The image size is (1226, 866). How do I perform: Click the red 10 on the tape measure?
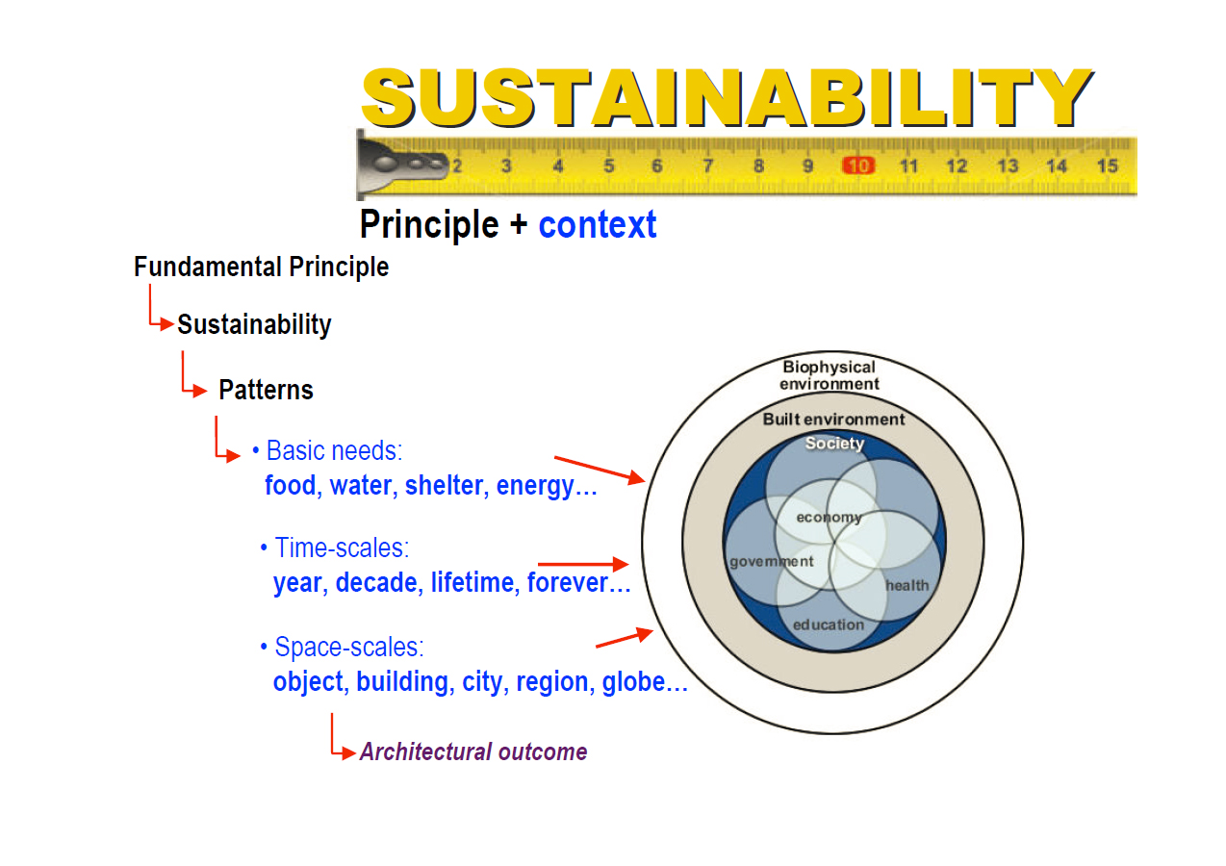(x=857, y=166)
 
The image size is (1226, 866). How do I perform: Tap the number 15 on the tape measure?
(x=1107, y=166)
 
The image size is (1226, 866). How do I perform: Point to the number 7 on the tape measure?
(x=707, y=166)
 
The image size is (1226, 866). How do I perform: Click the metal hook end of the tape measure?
(x=395, y=164)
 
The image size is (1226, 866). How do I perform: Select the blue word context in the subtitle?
(x=598, y=225)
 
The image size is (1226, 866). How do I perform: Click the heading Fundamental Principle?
(x=262, y=267)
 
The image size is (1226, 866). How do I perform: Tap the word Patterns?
(x=266, y=390)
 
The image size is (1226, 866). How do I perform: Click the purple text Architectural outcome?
(x=473, y=751)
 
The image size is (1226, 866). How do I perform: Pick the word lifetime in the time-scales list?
(x=472, y=583)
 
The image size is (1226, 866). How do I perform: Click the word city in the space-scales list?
(x=482, y=682)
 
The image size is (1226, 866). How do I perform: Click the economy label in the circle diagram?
(x=829, y=518)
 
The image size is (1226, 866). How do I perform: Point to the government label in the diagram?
(x=771, y=562)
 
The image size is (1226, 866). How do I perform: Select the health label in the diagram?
(x=907, y=585)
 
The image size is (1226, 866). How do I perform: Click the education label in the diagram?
(x=829, y=624)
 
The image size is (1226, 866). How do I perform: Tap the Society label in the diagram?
(x=834, y=444)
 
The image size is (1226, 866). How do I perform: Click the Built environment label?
(x=833, y=420)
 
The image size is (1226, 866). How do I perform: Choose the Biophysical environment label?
(x=829, y=375)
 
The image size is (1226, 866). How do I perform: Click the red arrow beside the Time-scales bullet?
(x=582, y=564)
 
